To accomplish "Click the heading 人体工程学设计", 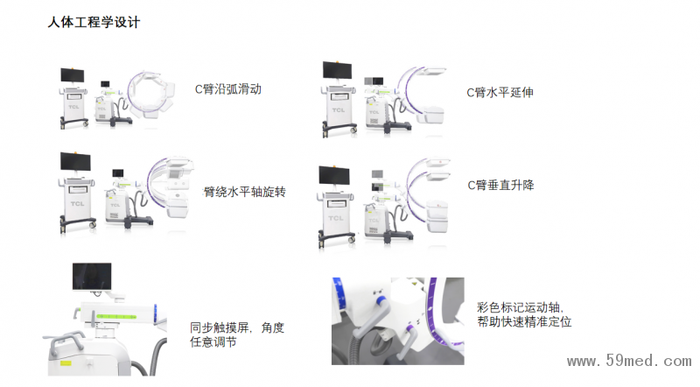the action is [94, 22].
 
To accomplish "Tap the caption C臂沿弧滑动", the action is [228, 89].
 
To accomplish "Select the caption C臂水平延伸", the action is [500, 93].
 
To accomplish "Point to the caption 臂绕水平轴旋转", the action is [245, 192].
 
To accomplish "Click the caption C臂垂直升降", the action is [500, 185].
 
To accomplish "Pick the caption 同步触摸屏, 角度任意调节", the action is [237, 334].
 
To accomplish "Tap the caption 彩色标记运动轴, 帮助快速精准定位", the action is [524, 314].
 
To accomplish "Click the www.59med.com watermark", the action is [629, 361].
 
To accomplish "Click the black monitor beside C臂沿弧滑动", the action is [73, 75].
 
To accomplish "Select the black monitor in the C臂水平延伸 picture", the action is [337, 71].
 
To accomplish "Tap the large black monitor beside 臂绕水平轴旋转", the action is [75, 162].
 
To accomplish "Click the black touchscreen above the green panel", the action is [92, 277].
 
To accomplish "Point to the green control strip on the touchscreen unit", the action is [116, 316].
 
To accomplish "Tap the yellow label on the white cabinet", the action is [66, 362].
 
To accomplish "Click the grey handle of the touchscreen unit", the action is [67, 341].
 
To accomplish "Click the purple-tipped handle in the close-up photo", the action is [406, 341].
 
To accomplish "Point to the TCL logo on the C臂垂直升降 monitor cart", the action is [336, 218].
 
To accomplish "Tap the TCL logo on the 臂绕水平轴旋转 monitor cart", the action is [77, 204].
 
